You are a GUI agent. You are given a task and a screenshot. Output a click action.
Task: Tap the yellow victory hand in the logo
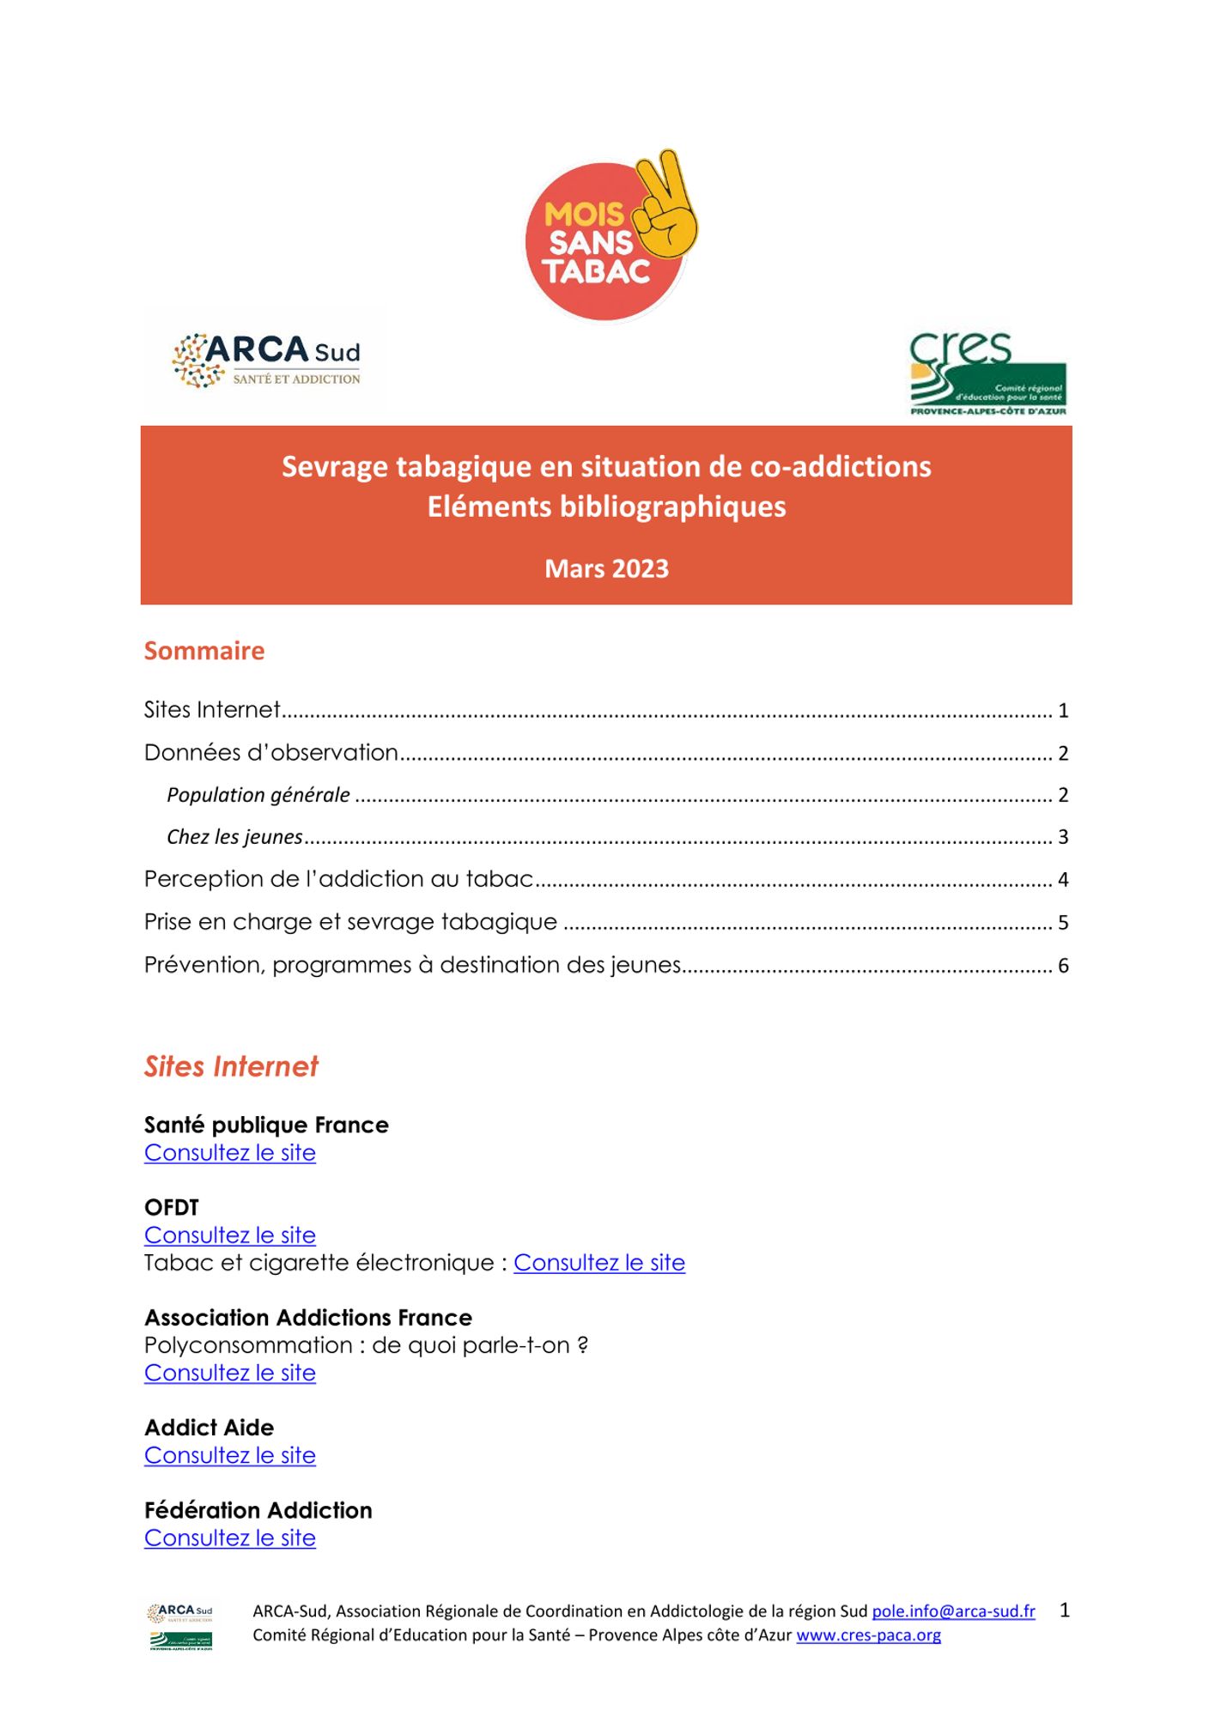pyautogui.click(x=668, y=207)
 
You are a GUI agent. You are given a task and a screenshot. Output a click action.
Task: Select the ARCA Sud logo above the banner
pyautogui.click(x=266, y=361)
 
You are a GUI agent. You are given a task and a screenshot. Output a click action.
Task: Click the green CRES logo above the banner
pyautogui.click(x=987, y=374)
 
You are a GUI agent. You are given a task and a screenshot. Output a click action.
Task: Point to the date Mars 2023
pyautogui.click(x=606, y=568)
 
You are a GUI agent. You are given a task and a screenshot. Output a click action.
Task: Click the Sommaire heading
pyautogui.click(x=204, y=651)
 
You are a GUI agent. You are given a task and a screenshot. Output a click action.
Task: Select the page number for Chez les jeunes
pyautogui.click(x=1063, y=837)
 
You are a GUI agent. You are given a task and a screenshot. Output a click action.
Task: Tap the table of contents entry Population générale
pyautogui.click(x=258, y=795)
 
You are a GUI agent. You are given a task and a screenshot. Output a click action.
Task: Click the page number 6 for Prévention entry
pyautogui.click(x=1063, y=966)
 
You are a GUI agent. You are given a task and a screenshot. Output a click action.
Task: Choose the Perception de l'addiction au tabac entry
pyautogui.click(x=338, y=879)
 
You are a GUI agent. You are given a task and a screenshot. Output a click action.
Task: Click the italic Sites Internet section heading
pyautogui.click(x=231, y=1066)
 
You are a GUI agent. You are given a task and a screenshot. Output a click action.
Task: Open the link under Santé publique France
pyautogui.click(x=230, y=1153)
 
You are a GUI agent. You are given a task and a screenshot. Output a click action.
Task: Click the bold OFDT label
pyautogui.click(x=172, y=1208)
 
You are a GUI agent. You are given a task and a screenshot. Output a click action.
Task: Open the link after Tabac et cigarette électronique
pyautogui.click(x=599, y=1263)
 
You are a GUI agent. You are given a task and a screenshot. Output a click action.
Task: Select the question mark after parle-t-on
pyautogui.click(x=583, y=1345)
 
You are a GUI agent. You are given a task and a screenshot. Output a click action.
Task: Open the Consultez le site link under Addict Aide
pyautogui.click(x=230, y=1455)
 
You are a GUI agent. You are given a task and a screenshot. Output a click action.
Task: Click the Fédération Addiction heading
pyautogui.click(x=258, y=1510)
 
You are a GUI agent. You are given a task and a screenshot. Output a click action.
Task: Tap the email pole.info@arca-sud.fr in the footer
pyautogui.click(x=953, y=1611)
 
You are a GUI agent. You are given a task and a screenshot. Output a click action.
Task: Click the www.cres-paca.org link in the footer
pyautogui.click(x=868, y=1635)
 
